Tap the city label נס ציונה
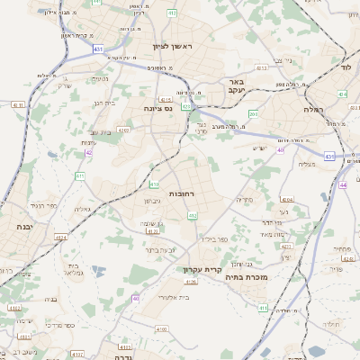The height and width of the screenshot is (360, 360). coord(157,108)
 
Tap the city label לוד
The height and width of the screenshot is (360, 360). coord(346,67)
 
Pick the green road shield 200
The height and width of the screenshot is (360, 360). coord(253,113)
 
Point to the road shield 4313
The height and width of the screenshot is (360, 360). coord(262,67)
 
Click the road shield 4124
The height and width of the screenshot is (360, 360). coord(61,238)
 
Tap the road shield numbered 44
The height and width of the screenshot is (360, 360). coord(343,184)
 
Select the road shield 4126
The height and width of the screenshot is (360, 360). coord(190,283)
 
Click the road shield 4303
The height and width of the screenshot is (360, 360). coord(123,130)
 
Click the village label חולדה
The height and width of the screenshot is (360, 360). coord(331,323)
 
